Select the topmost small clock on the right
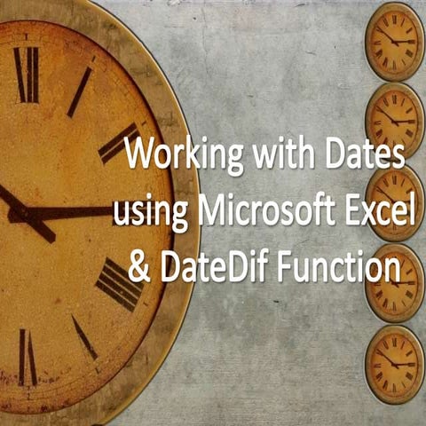[394, 41]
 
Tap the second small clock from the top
[394, 119]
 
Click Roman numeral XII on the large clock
[27, 75]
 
